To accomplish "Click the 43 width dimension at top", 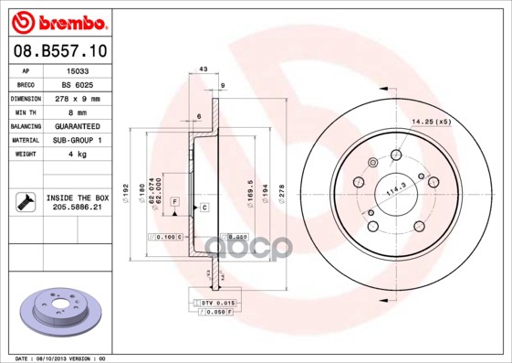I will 204,69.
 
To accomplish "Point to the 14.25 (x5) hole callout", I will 431,121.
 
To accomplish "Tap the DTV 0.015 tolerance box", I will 218,302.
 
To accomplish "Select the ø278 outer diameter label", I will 281,194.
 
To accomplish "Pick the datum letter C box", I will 204,208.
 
